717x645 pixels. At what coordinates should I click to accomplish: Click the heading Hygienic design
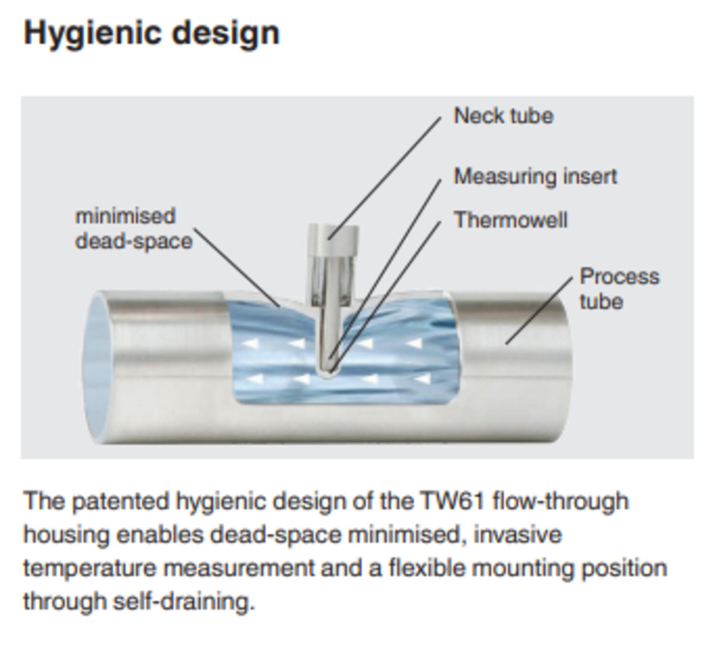click(152, 33)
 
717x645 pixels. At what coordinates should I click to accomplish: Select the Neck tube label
click(503, 116)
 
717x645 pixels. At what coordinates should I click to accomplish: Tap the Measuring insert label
click(535, 177)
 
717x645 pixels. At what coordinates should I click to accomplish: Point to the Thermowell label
click(511, 220)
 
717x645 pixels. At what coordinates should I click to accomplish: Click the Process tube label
click(619, 289)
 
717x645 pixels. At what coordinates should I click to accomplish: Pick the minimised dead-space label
click(133, 229)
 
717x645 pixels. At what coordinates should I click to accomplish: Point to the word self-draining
click(184, 602)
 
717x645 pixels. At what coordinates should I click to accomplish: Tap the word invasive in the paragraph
click(517, 535)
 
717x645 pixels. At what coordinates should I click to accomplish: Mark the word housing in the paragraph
click(66, 535)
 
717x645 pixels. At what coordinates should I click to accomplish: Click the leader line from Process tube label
click(539, 310)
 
